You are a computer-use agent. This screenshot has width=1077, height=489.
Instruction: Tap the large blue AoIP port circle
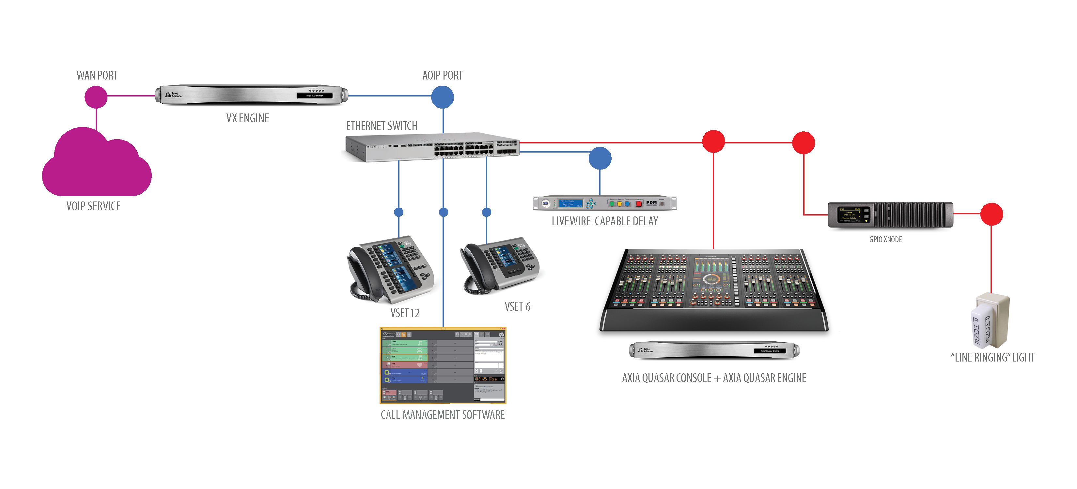pos(442,97)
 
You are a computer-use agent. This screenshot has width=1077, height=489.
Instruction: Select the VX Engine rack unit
pos(251,95)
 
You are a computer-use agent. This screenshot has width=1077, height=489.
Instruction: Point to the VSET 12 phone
pos(391,269)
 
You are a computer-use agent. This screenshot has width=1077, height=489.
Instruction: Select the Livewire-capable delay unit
pos(604,203)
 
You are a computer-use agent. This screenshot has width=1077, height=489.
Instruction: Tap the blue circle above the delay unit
pos(600,158)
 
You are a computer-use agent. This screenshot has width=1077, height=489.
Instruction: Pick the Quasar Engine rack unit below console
pos(714,350)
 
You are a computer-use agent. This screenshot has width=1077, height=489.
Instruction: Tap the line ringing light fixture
pos(989,321)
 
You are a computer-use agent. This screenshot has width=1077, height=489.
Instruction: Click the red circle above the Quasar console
pos(713,141)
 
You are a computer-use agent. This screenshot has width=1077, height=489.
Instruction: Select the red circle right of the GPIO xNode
pos(991,214)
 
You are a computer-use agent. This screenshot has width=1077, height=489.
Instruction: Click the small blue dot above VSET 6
pos(486,212)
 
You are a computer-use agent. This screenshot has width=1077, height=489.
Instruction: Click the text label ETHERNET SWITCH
pos(382,126)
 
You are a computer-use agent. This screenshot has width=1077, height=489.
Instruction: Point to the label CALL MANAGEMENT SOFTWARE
pos(442,415)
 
